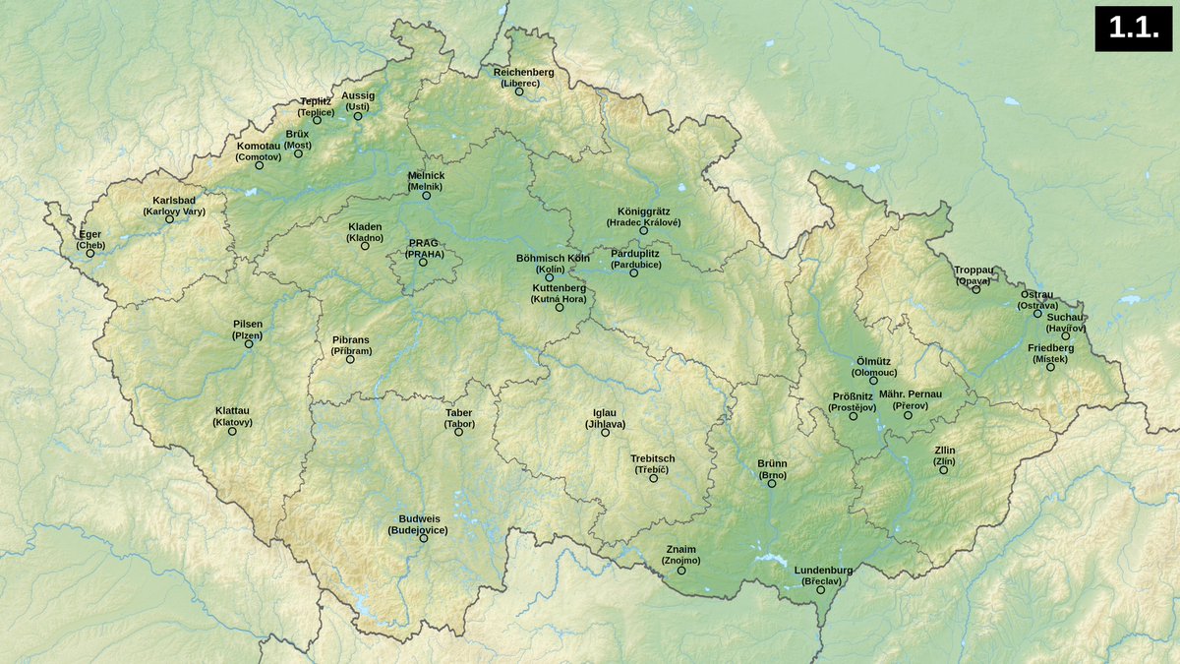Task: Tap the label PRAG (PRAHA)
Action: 425,248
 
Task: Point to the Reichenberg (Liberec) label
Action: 523,78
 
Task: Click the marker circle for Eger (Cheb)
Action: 90,254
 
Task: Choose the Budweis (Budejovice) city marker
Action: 424,538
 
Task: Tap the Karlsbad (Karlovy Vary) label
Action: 174,206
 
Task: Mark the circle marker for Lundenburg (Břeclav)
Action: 821,590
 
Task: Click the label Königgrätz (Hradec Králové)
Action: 643,216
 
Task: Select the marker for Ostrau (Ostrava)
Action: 1037,313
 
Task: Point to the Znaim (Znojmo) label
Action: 681,554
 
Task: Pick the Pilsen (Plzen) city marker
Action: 249,343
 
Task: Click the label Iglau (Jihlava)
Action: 605,418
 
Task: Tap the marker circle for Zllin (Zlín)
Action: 944,470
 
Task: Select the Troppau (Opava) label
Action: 973,274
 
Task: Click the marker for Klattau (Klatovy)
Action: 233,431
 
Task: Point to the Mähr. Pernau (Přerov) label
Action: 910,399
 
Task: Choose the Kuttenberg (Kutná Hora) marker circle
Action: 560,308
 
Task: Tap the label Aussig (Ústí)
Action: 358,100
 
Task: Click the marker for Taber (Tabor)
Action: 458,432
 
